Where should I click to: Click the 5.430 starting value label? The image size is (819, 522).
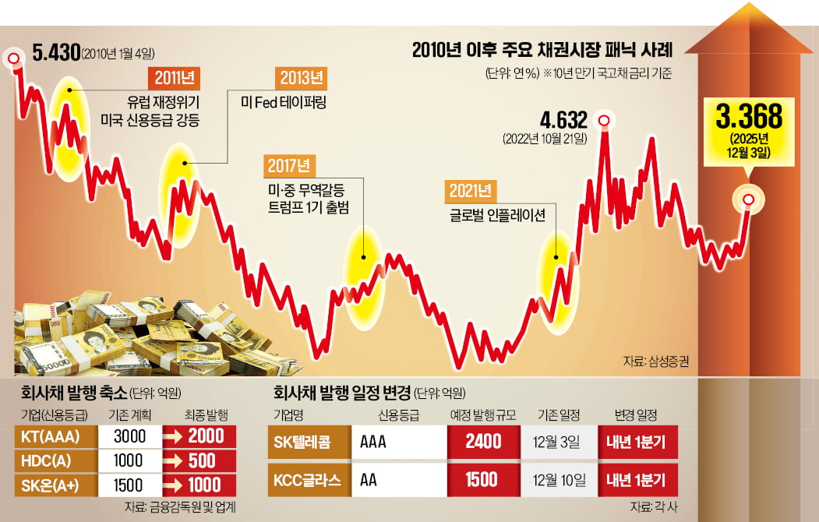pos(57,53)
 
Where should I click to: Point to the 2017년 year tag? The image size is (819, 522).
pos(288,166)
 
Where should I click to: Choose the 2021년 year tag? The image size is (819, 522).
pos(470,191)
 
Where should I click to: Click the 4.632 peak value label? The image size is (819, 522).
pos(563,121)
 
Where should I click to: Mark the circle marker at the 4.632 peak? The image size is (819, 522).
pos(603,120)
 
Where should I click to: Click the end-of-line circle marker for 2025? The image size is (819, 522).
pos(749,200)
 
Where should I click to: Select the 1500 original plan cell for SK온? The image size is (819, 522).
pos(130,484)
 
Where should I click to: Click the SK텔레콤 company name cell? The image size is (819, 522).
pos(308,442)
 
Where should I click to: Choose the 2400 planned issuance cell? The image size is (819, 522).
pos(483,442)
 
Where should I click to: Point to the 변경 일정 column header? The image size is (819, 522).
pos(636,414)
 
